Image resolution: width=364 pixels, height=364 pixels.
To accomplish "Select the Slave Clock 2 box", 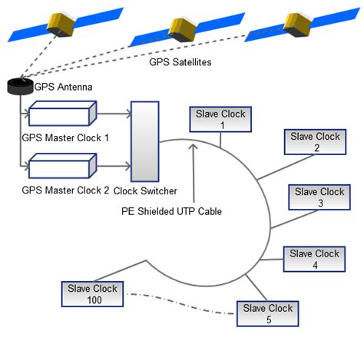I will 316,142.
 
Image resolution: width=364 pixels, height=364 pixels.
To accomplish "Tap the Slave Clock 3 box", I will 319,197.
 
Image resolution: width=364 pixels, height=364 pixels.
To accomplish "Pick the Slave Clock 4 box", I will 314,259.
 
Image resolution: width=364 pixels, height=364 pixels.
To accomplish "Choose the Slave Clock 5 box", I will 268,313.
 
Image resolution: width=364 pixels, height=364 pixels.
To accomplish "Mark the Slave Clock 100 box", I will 91,294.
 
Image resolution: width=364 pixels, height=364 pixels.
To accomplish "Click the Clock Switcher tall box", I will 144,141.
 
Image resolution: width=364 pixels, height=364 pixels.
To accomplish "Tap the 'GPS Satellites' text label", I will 180,61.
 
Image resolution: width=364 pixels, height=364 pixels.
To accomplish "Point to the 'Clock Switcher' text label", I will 144,190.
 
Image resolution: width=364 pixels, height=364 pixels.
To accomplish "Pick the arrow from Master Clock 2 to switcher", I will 113,166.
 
